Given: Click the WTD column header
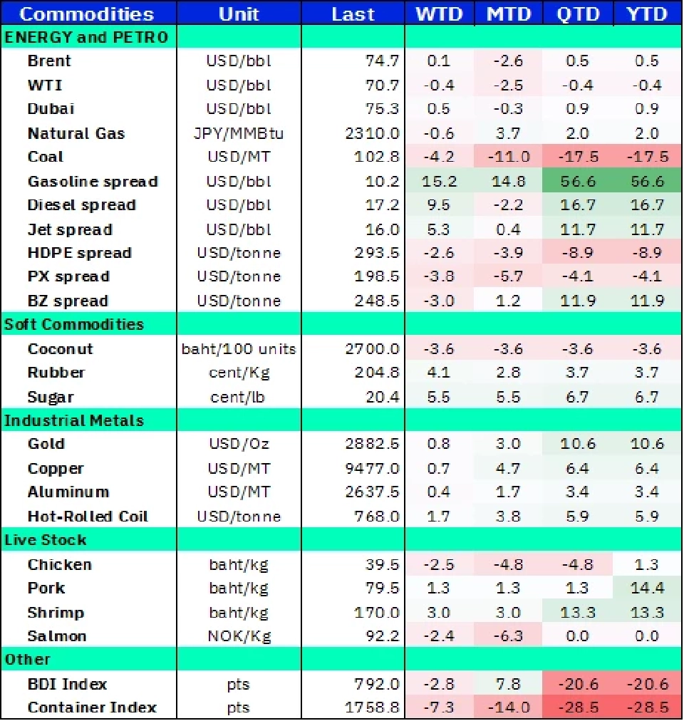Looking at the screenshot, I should click(439, 14).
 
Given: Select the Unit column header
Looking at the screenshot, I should click(239, 14).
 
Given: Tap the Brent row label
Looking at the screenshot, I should click(49, 61).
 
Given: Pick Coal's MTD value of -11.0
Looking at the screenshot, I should click(508, 157).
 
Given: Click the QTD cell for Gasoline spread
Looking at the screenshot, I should click(577, 181).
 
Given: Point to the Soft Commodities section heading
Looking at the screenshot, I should click(74, 325).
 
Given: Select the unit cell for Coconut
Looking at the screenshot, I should click(239, 349).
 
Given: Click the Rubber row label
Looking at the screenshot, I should click(56, 373).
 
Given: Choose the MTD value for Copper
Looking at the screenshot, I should click(508, 469).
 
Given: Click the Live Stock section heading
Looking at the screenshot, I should click(46, 540).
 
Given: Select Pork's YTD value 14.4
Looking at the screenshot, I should click(647, 588).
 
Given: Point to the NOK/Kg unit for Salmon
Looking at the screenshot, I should click(239, 636).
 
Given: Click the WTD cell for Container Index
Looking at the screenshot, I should click(439, 708).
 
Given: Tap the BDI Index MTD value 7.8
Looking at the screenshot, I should click(508, 684).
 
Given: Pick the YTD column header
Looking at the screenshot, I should click(647, 14).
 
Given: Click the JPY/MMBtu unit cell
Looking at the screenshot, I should click(239, 133).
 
